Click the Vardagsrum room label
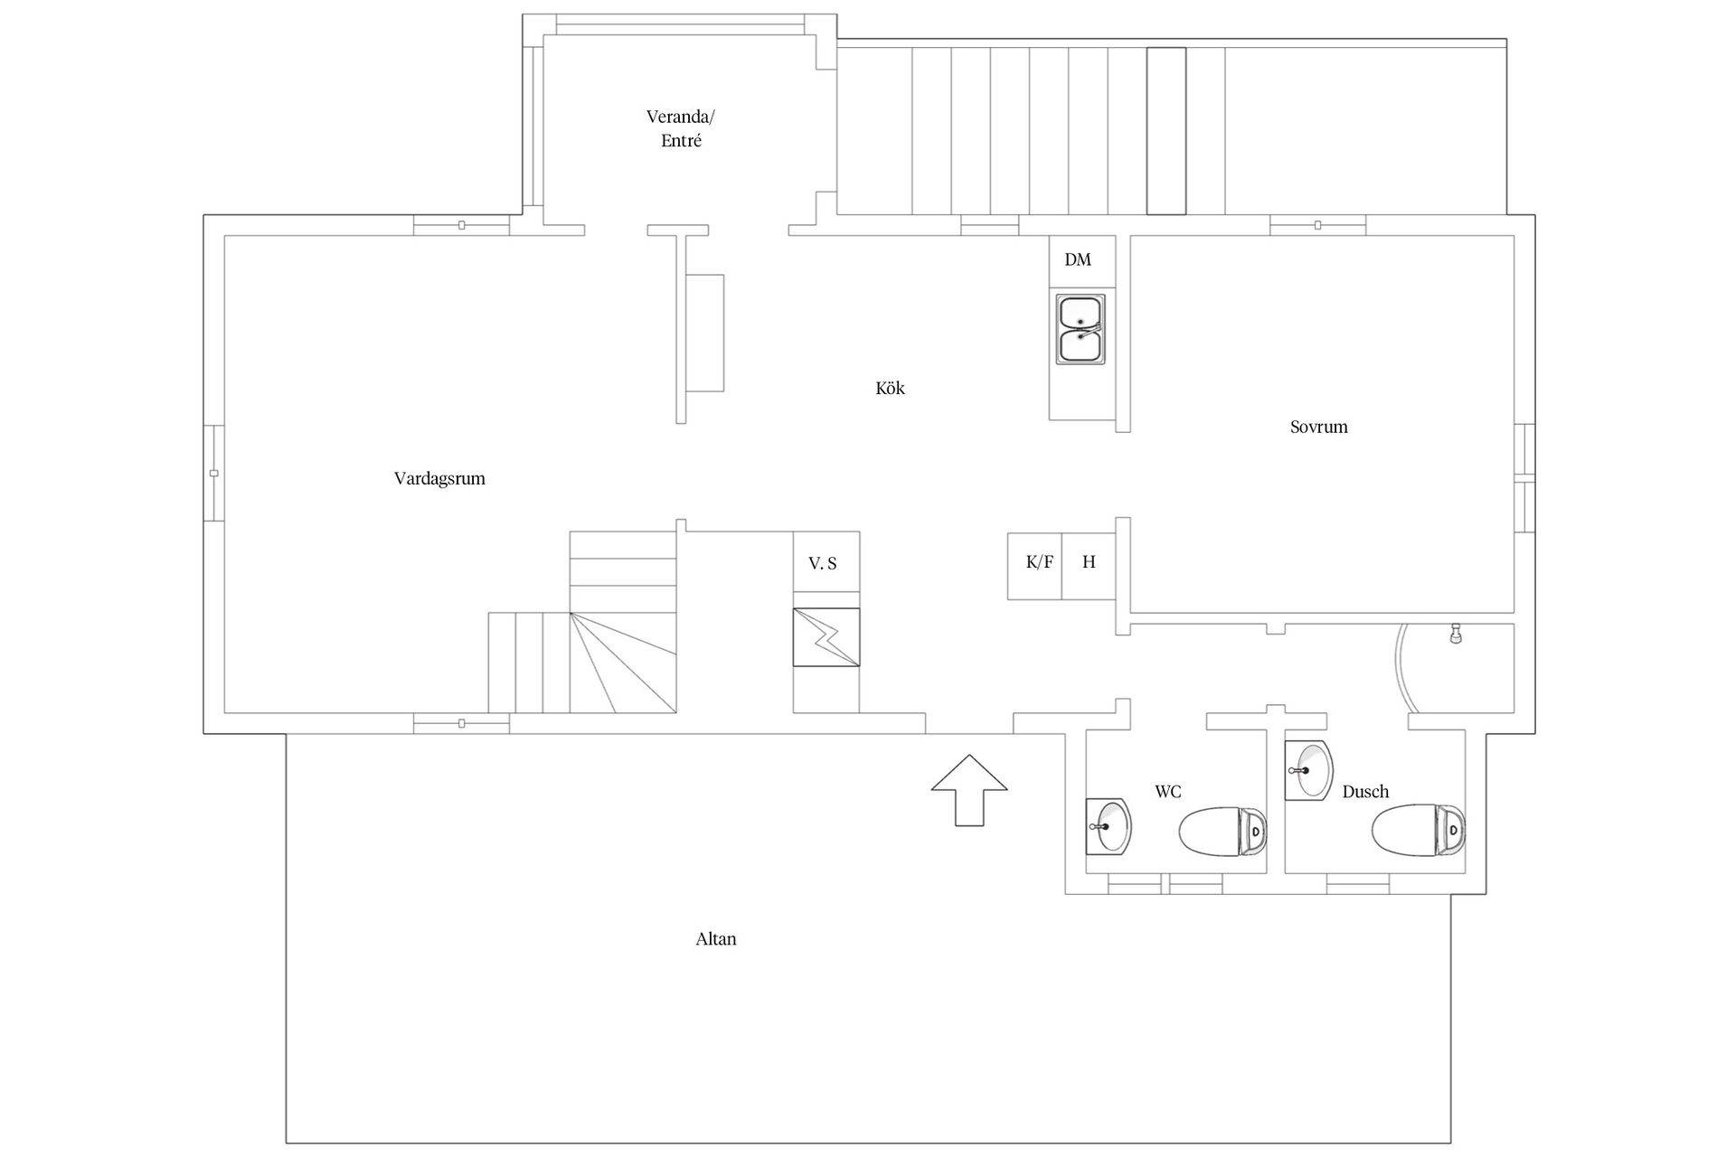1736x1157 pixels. coord(439,478)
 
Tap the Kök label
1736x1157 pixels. coord(890,388)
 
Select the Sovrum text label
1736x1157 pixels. coord(1318,427)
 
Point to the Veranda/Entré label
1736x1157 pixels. coord(681,128)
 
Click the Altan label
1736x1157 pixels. coord(716,939)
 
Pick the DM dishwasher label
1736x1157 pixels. coord(1078,260)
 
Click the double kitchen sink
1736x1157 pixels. coord(1081,330)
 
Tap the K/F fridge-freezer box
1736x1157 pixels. coord(1035,566)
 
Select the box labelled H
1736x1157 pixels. coord(1089,566)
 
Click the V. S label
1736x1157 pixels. coord(823,564)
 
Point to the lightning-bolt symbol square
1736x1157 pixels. coord(826,637)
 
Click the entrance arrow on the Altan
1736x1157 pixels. coord(969,789)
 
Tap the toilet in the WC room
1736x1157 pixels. coord(1222,830)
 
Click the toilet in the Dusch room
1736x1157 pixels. coord(1418,829)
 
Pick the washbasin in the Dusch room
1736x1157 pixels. coord(1308,769)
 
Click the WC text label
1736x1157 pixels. coord(1167,792)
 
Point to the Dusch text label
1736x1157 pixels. coord(1365,792)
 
